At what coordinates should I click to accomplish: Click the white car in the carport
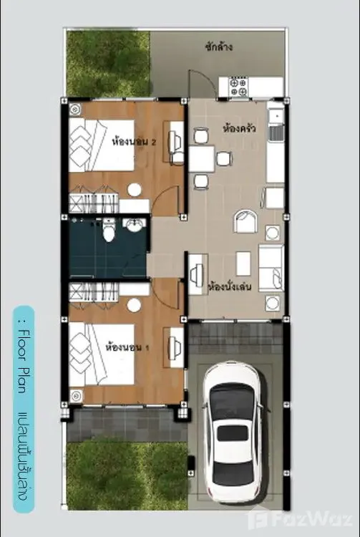click(x=233, y=430)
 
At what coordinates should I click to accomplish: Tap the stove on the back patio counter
click(x=238, y=87)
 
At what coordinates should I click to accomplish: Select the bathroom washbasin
click(x=134, y=224)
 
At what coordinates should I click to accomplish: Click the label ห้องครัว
click(x=240, y=129)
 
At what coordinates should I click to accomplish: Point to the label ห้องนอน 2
click(x=134, y=142)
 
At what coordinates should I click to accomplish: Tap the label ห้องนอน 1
click(x=127, y=347)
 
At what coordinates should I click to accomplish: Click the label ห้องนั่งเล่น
click(x=230, y=286)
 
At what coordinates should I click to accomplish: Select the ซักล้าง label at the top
click(x=219, y=47)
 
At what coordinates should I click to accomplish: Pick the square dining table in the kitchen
click(x=202, y=158)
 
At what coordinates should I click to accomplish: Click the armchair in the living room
click(x=245, y=221)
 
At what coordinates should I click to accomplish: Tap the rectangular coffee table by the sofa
click(x=243, y=263)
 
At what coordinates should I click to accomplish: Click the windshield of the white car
click(x=232, y=397)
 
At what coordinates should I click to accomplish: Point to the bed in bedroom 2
click(x=102, y=145)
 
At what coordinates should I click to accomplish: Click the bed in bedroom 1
click(x=102, y=354)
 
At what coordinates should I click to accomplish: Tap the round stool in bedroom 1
click(x=134, y=305)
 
